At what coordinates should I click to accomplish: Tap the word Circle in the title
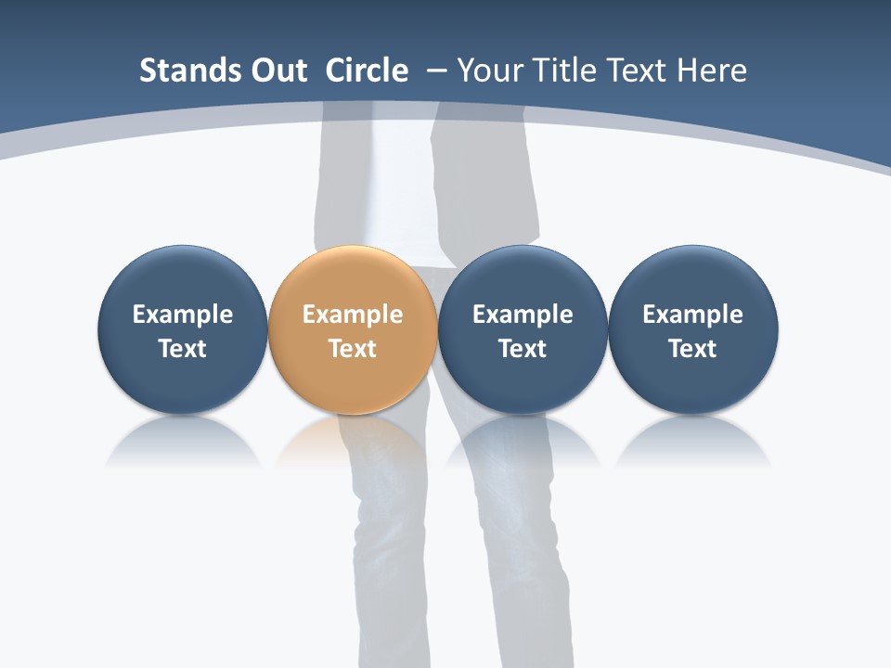click(367, 71)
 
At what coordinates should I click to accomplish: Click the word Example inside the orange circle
click(353, 315)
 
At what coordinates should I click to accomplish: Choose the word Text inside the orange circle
click(353, 349)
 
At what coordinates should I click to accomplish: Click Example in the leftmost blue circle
click(183, 315)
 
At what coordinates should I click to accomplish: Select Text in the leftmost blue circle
click(183, 349)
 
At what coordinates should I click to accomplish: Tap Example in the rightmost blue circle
click(693, 315)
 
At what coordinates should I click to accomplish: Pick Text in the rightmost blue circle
click(693, 349)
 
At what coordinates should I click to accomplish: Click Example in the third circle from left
click(523, 315)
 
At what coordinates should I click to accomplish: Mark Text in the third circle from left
click(523, 349)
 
